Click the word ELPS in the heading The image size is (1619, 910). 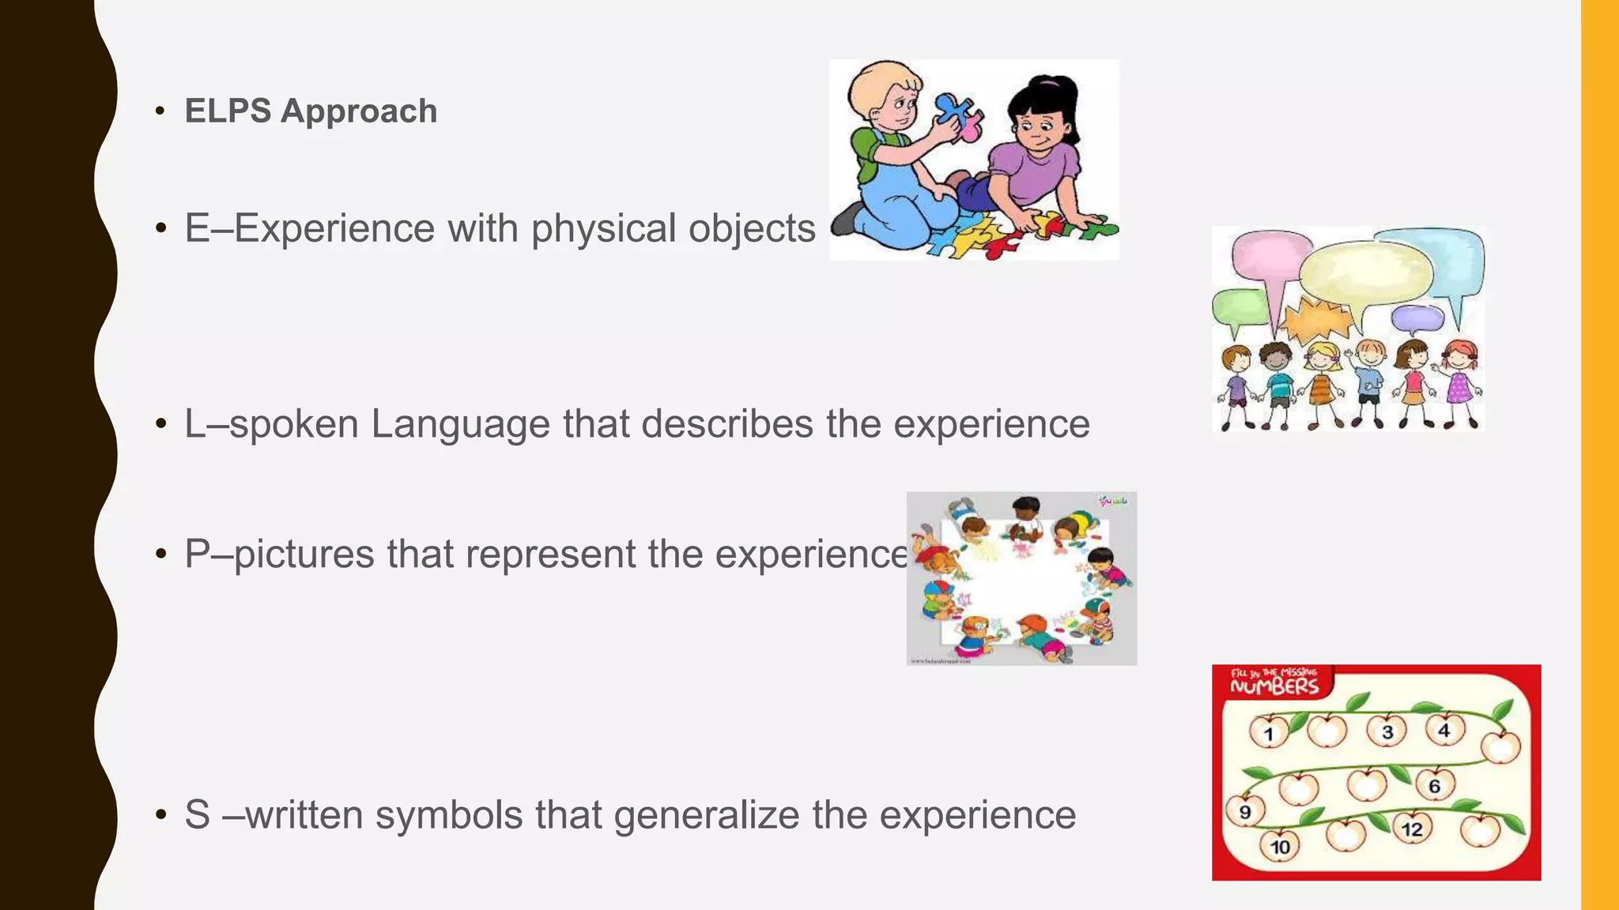click(228, 111)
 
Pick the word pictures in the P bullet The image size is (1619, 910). click(304, 554)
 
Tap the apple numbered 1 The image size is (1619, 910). click(1269, 732)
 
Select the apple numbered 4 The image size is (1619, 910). click(1444, 729)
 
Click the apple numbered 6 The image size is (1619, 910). click(1434, 784)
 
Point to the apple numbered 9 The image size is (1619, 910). click(1245, 811)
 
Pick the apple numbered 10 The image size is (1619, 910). click(1279, 846)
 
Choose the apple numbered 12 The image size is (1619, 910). click(1412, 828)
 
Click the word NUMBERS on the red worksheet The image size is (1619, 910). click(1274, 686)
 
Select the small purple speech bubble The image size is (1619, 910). click(1417, 318)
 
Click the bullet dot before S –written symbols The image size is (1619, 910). click(161, 814)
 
